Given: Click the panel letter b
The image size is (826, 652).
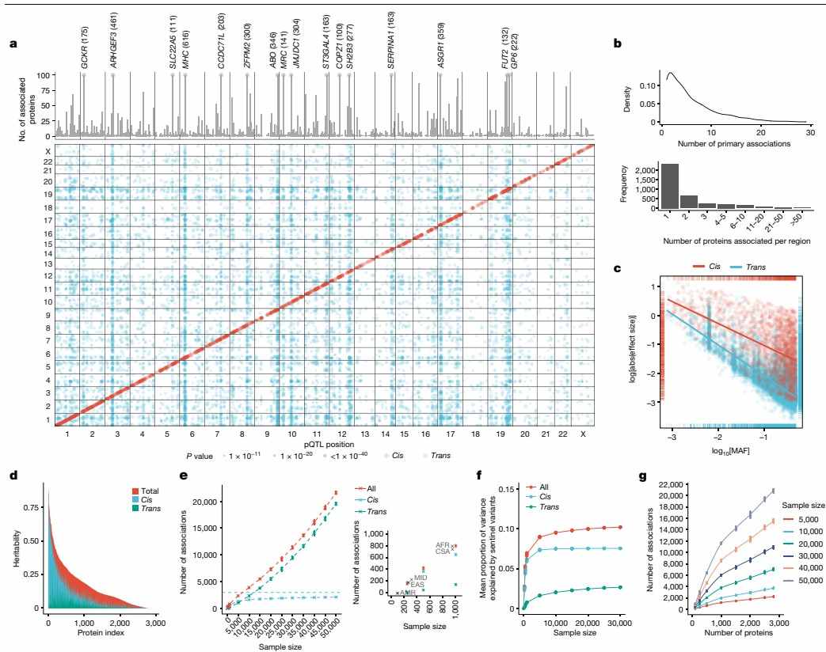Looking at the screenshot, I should pos(618,44).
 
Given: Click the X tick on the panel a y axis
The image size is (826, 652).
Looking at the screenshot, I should pos(48,151).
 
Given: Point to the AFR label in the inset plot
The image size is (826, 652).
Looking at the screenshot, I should pos(443,545).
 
